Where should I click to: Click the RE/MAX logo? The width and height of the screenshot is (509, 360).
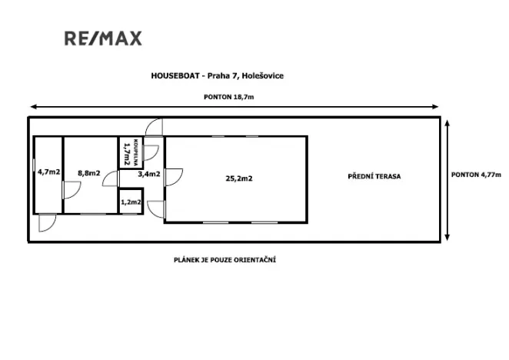click(102, 38)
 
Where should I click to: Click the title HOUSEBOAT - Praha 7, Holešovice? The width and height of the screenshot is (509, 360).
click(218, 75)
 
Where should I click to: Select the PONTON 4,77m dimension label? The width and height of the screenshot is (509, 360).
click(476, 175)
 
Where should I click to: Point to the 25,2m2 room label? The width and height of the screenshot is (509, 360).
click(239, 178)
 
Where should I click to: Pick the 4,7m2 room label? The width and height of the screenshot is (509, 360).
click(48, 172)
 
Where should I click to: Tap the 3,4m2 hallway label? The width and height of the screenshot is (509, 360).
click(148, 175)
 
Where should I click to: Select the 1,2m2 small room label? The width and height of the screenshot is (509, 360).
click(131, 202)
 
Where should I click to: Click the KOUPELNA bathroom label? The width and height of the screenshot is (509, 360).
click(135, 151)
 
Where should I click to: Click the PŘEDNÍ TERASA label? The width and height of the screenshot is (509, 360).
click(374, 176)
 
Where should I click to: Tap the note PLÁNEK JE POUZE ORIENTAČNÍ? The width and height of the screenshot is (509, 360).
click(225, 260)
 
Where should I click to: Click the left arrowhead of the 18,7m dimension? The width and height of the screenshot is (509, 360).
click(32, 107)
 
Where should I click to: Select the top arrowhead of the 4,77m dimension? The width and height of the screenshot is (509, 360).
click(447, 122)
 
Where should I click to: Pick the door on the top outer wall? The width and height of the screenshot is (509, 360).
click(155, 127)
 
